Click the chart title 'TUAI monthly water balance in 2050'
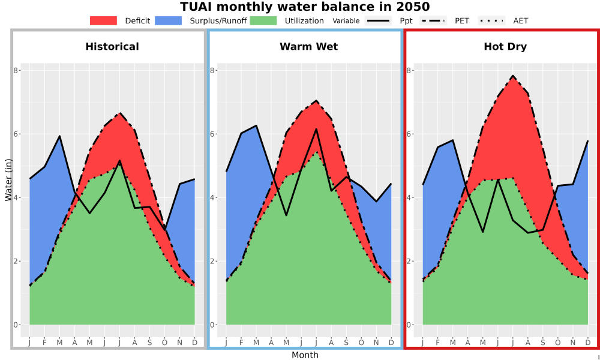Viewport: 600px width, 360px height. pos(305,7)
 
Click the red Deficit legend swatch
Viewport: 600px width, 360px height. pos(103,20)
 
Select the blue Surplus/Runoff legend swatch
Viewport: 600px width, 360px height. pos(169,20)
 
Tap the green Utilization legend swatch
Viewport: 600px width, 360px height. pos(263,20)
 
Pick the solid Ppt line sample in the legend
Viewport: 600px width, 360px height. pos(377,20)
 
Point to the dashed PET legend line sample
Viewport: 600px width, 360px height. pos(433,20)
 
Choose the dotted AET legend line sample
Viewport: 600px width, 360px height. pos(492,20)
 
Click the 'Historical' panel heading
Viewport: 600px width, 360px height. pos(112,47)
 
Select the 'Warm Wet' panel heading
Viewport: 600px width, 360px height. pos(309,47)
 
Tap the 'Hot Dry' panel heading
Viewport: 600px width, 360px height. pos(505,47)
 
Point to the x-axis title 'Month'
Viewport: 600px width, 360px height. pos(305,355)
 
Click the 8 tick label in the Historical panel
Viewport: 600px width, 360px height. pos(16,70)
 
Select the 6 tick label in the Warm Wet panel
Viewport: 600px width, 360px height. pos(212,134)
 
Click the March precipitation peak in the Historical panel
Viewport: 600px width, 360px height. pos(59,136)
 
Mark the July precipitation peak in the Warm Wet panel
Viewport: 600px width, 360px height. pos(316,129)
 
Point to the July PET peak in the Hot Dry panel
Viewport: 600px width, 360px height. pos(513,76)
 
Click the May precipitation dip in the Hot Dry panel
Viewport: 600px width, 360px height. pos(483,232)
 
